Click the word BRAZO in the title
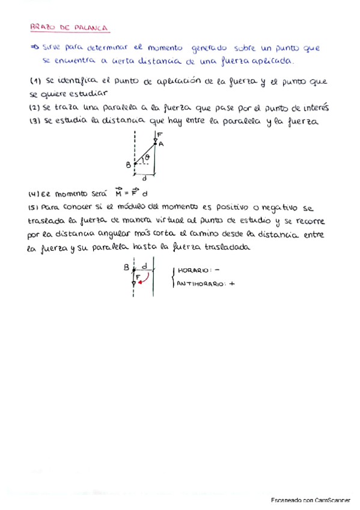click(x=42, y=27)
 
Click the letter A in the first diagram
click(x=162, y=144)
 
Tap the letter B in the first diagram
click(x=128, y=164)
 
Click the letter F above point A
click(x=160, y=135)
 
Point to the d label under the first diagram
click(x=145, y=178)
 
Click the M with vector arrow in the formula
click(x=118, y=194)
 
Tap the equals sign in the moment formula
click(x=127, y=194)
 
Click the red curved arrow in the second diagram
click(x=144, y=279)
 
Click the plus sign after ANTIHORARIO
click(x=230, y=284)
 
